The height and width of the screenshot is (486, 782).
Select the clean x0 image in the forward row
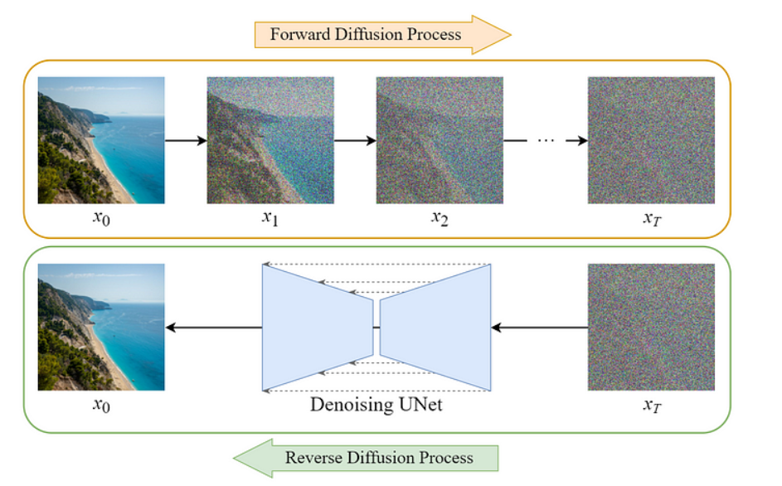tap(101, 140)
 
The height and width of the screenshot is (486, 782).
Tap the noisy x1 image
tap(270, 140)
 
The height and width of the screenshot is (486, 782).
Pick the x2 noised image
tap(440, 140)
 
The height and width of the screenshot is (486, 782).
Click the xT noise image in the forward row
tap(651, 140)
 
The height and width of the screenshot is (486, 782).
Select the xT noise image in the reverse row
tap(651, 327)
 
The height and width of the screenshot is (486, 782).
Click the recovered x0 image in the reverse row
tap(101, 327)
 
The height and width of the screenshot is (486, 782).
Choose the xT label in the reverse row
tap(651, 406)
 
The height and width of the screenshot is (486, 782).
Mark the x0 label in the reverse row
tap(101, 406)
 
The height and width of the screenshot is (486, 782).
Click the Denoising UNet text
tap(376, 405)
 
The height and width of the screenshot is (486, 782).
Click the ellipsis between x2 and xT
tap(545, 140)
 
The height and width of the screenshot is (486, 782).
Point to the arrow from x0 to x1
tap(186, 140)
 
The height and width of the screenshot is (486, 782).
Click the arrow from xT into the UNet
tap(539, 328)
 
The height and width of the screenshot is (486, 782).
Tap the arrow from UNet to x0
tap(213, 328)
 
